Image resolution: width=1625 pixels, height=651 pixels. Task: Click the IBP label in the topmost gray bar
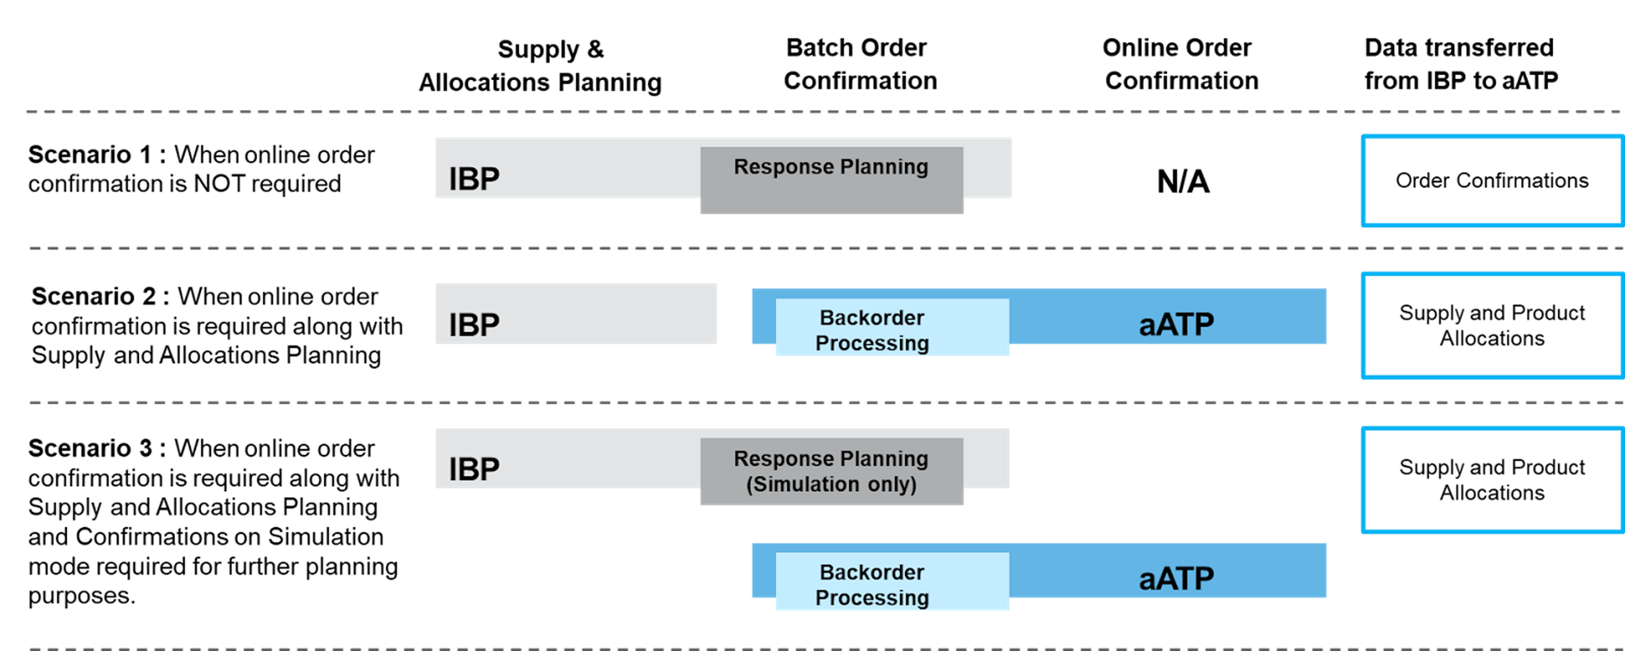473,179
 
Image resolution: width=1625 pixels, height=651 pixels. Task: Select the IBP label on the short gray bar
473,325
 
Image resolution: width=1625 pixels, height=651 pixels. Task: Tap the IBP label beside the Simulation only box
473,470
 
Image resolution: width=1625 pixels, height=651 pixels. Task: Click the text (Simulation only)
831,484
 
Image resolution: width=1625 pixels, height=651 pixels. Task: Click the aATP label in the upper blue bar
1176,325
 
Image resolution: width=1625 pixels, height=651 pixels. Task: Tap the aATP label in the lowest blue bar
1176,579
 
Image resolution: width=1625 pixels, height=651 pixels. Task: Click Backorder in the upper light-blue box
871,318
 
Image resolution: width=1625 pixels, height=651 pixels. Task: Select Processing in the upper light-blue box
871,343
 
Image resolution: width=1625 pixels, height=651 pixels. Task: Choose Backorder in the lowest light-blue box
871,573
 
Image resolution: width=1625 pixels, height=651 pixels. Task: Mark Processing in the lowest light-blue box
871,598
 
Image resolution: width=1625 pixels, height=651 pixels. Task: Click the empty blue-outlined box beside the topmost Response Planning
1492,181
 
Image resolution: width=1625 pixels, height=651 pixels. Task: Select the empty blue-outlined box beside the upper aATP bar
1492,325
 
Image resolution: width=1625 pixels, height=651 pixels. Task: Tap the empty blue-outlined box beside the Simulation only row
1492,480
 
